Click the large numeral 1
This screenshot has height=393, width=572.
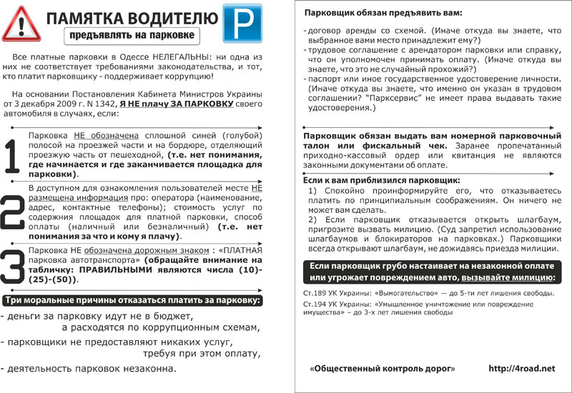12,153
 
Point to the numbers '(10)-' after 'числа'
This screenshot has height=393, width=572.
252,270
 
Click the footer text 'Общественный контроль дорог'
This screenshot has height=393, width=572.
383,368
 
